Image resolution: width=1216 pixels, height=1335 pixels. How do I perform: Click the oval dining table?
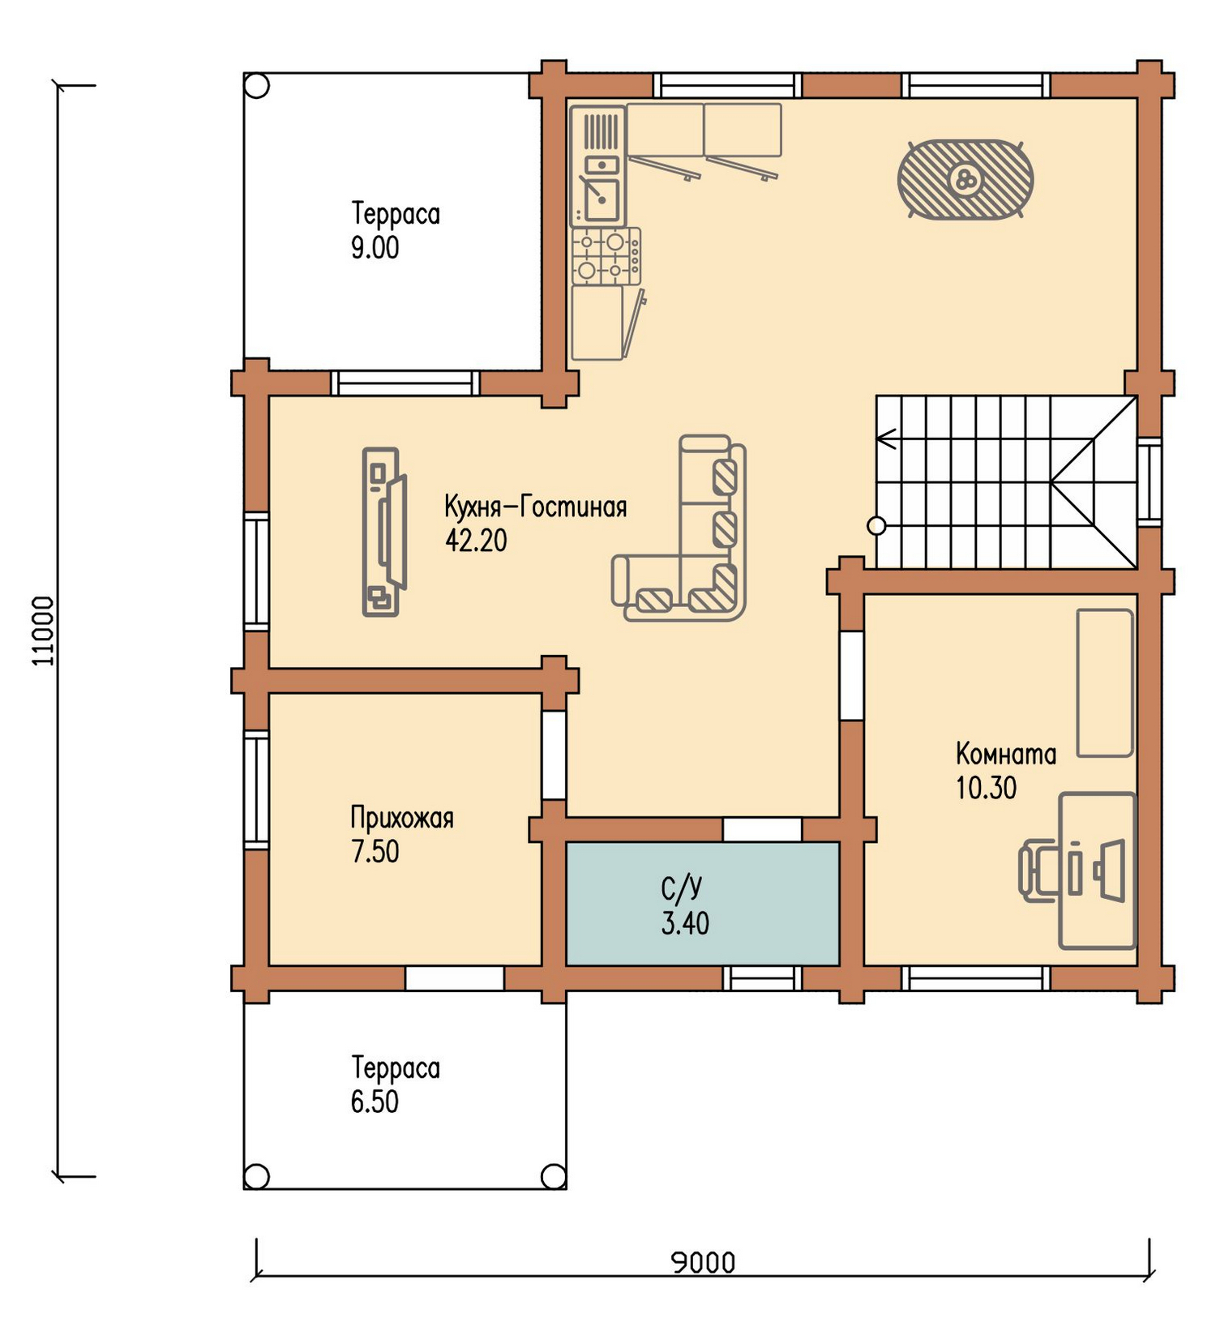tap(965, 179)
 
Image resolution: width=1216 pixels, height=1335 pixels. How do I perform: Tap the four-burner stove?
tap(606, 256)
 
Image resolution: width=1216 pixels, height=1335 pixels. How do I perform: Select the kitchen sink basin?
tap(602, 199)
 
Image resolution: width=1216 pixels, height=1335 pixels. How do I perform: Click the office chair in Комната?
tap(1039, 871)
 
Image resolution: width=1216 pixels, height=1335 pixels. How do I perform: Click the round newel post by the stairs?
tap(876, 526)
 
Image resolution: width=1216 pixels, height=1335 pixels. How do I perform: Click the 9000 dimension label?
tap(704, 1263)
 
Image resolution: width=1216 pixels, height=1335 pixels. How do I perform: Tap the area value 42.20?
tap(476, 540)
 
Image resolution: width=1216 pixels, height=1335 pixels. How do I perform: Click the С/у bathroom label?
tap(682, 889)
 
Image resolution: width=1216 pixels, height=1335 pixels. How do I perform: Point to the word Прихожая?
tap(402, 818)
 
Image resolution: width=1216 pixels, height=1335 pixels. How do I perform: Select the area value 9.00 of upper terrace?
tap(375, 248)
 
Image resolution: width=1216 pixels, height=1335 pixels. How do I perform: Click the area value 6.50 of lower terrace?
tap(375, 1102)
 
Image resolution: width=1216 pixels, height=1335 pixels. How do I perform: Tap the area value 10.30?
tap(986, 788)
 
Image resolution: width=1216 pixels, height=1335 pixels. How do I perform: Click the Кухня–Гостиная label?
tap(536, 507)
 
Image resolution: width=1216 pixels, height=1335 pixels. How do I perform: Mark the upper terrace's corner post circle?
tap(257, 87)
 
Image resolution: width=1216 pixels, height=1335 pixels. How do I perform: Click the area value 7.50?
tap(375, 852)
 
